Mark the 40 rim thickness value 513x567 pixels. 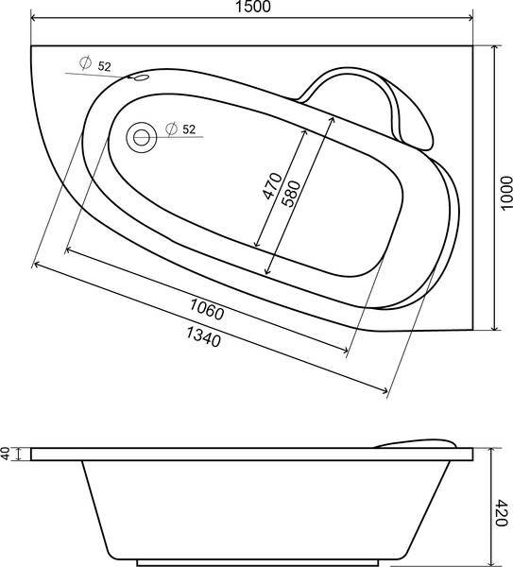pyautogui.click(x=7, y=455)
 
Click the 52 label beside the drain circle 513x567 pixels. pyautogui.click(x=189, y=129)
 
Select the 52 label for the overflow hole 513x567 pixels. pyautogui.click(x=104, y=65)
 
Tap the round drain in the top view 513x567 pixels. pyautogui.click(x=143, y=137)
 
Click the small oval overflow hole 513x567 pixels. pyautogui.click(x=142, y=78)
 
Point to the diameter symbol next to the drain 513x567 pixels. pyautogui.click(x=170, y=129)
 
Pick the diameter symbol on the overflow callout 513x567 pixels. pyautogui.click(x=85, y=63)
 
